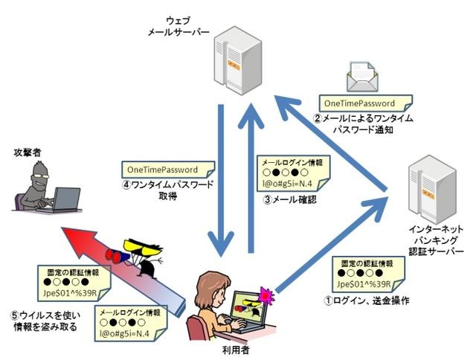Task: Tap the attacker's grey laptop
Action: [65, 200]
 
